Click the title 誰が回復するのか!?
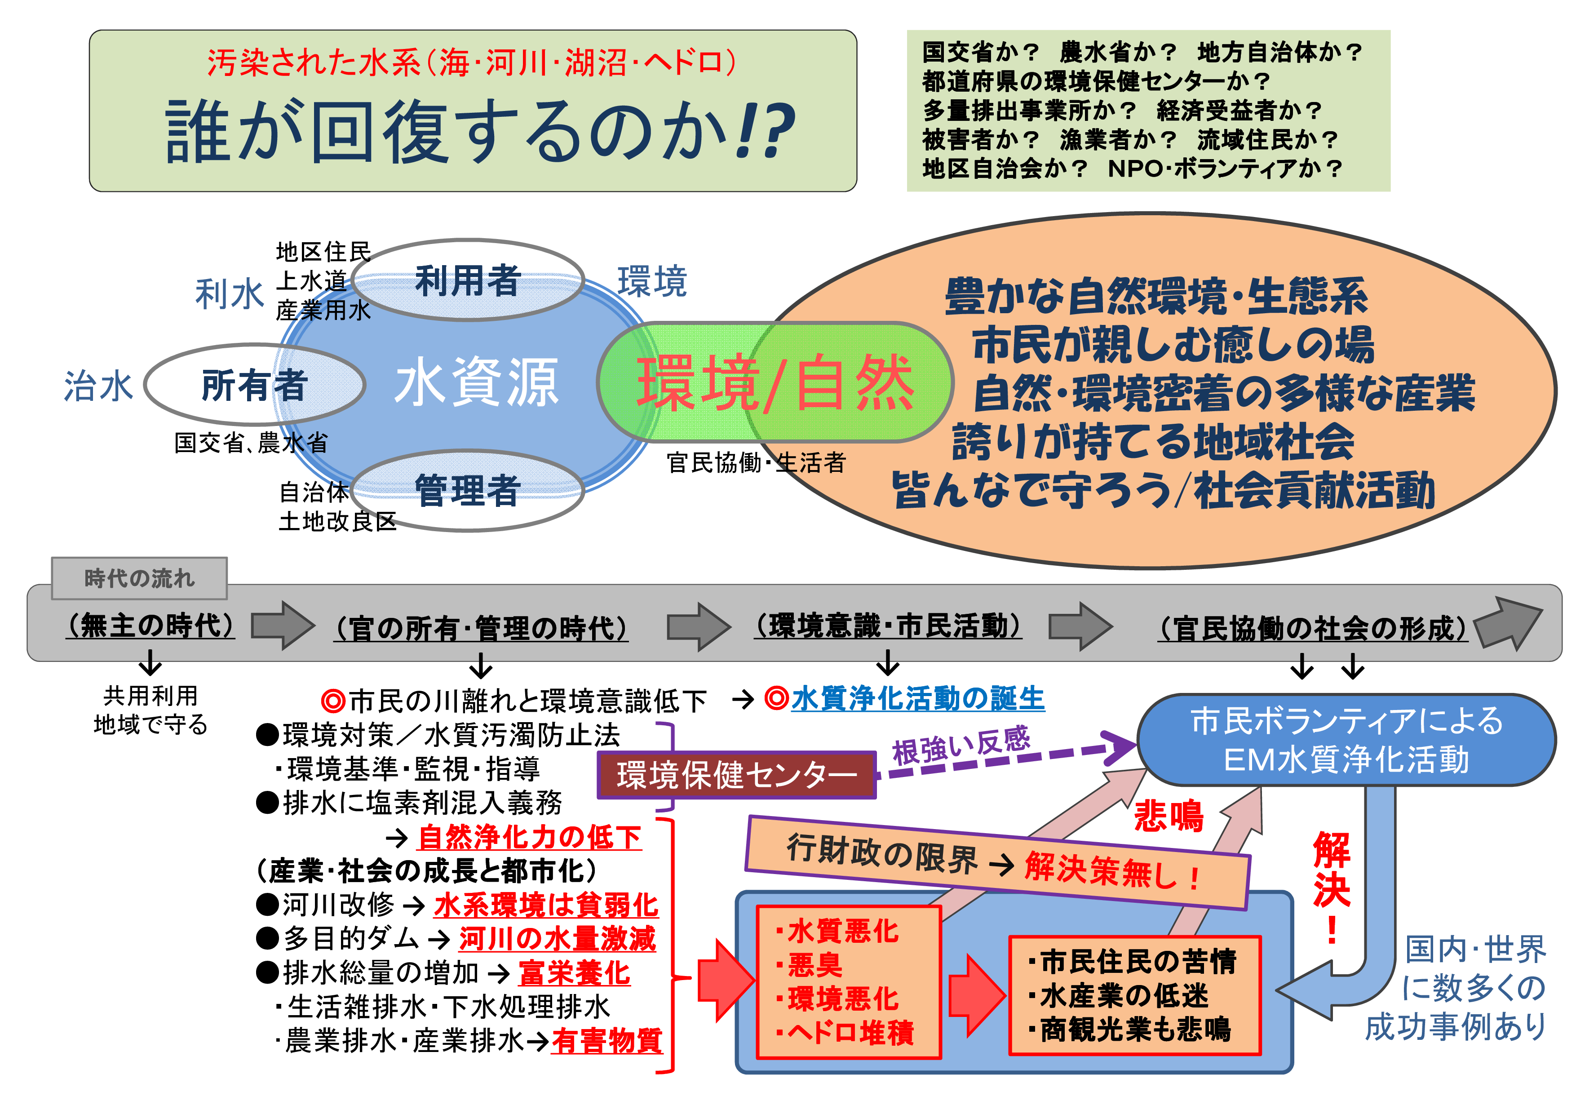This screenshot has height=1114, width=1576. pyautogui.click(x=481, y=130)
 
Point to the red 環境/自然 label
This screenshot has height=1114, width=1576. pyautogui.click(x=775, y=382)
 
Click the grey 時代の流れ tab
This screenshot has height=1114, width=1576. pyautogui.click(x=139, y=578)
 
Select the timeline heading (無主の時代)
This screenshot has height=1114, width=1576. pyautogui.click(x=151, y=625)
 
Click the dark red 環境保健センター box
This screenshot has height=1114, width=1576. pyautogui.click(x=736, y=775)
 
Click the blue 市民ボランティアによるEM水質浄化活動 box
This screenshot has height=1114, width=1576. pyautogui.click(x=1346, y=740)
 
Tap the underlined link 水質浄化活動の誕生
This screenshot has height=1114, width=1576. pyautogui.click(x=918, y=699)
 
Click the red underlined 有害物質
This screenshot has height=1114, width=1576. pyautogui.click(x=607, y=1041)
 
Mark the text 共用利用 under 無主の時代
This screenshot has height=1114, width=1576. pyautogui.click(x=151, y=695)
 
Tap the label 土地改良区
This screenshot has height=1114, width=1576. pyautogui.click(x=338, y=522)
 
